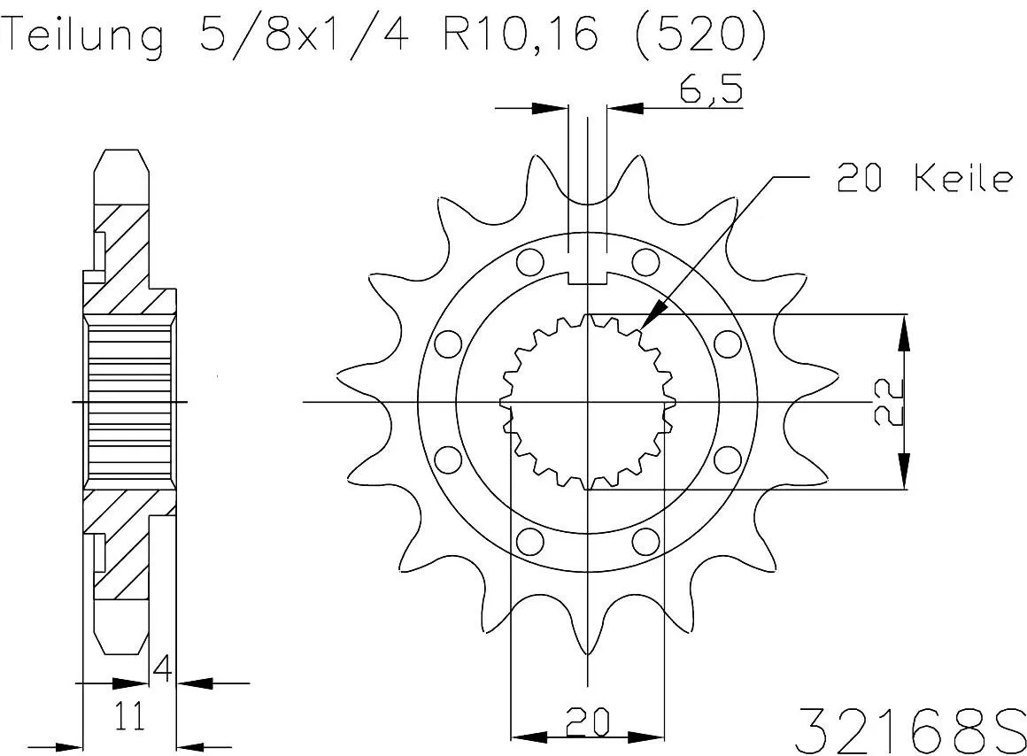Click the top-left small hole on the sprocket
tap(530, 262)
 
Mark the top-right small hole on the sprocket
tap(646, 262)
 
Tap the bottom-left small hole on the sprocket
tap(530, 540)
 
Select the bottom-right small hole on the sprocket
tap(646, 540)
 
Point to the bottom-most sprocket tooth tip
tap(588, 651)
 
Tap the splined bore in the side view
tap(129, 402)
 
